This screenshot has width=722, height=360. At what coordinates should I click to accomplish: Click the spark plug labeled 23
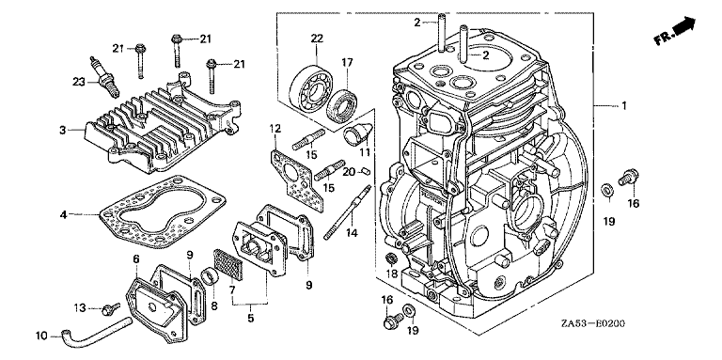coord(104,77)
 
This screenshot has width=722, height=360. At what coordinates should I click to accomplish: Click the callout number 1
coord(624,106)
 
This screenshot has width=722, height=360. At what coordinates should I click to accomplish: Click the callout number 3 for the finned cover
coord(63,131)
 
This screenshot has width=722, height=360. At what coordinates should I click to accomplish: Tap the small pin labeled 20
coord(366,171)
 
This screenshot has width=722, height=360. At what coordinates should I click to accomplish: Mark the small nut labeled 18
coord(390,258)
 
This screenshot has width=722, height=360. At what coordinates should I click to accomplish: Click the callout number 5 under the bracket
coord(250,318)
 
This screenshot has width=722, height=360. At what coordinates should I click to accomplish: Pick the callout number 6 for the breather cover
coord(135,259)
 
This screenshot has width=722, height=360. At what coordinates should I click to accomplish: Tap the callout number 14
coord(352,233)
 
